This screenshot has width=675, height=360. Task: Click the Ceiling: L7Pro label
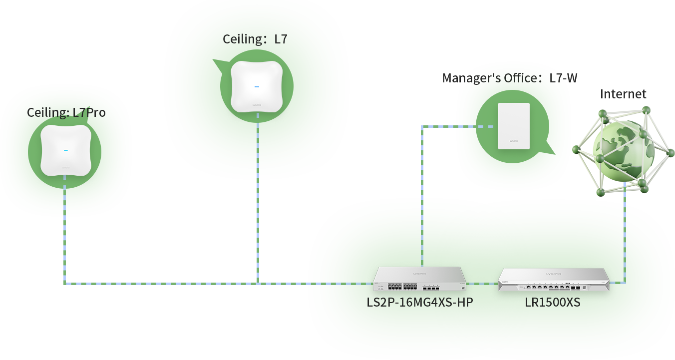pos(66,112)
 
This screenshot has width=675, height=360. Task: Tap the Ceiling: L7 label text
pos(255,39)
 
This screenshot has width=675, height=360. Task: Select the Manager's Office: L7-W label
pos(510,78)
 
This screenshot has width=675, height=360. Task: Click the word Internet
pos(623,94)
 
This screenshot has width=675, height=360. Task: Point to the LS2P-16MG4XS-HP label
pos(419,303)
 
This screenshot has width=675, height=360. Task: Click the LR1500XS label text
pos(552,303)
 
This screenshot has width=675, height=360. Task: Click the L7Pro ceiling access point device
pos(66,150)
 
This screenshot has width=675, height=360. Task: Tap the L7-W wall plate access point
pos(513,126)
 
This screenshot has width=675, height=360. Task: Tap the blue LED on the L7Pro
pos(66,150)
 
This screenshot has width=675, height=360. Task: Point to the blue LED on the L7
pos(257,87)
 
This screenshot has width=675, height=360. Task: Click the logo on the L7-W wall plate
pos(513,142)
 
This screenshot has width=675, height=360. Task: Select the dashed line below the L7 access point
pos(258,200)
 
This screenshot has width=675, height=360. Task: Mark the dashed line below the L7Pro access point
pos(65,235)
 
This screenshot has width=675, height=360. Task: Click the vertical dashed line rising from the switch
pos(422,200)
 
